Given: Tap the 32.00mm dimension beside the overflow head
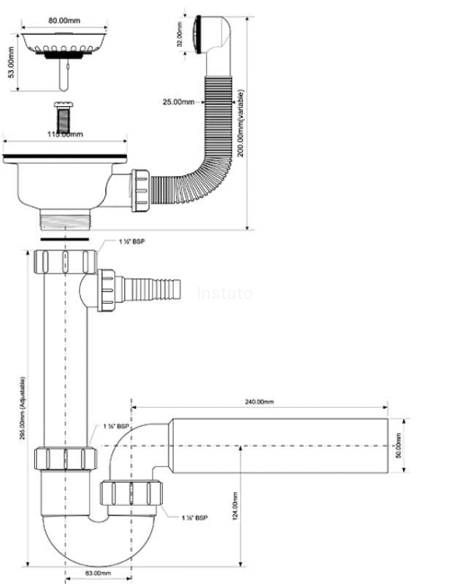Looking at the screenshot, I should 180,34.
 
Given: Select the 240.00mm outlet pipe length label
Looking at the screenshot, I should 260,402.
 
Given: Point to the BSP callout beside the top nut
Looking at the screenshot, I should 132,242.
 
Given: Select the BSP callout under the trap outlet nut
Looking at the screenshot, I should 195,517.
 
